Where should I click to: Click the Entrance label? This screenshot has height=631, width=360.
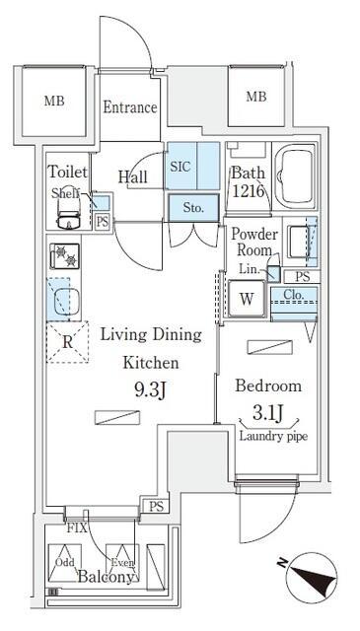pos(130,107)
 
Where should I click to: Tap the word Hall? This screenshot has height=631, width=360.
pos(133,176)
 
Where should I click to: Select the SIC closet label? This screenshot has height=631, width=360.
pos(180,166)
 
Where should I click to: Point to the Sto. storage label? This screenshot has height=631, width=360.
pos(193,207)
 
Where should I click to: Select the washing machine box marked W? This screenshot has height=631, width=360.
pos(247,299)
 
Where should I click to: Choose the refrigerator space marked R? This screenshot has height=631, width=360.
pos(66,344)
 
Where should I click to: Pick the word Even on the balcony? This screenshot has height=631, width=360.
pos(122,562)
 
